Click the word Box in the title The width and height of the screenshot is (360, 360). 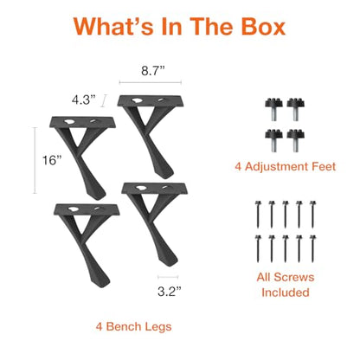point(263,26)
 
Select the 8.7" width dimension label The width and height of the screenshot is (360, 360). point(153,71)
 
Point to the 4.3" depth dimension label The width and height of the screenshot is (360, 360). point(83,100)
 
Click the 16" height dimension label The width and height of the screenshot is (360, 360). point(52,160)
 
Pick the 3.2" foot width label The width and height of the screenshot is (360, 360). point(170,292)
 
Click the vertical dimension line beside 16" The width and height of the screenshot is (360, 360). point(35,160)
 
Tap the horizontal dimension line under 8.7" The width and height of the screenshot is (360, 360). point(151,82)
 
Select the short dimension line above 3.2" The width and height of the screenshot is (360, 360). point(168,277)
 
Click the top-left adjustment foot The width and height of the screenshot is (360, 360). point(273,109)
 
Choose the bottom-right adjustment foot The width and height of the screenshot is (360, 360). point(296,140)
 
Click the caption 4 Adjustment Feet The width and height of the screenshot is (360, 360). point(286,167)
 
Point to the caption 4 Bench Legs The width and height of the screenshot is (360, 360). point(133,327)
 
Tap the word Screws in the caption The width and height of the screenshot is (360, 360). point(294,277)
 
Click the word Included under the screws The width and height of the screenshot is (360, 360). point(286,292)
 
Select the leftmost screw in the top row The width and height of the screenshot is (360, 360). point(258,215)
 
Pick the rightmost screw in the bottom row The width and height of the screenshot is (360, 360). point(312,248)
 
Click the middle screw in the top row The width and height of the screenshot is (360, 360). point(286,215)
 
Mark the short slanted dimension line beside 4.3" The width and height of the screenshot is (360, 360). point(104,100)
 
